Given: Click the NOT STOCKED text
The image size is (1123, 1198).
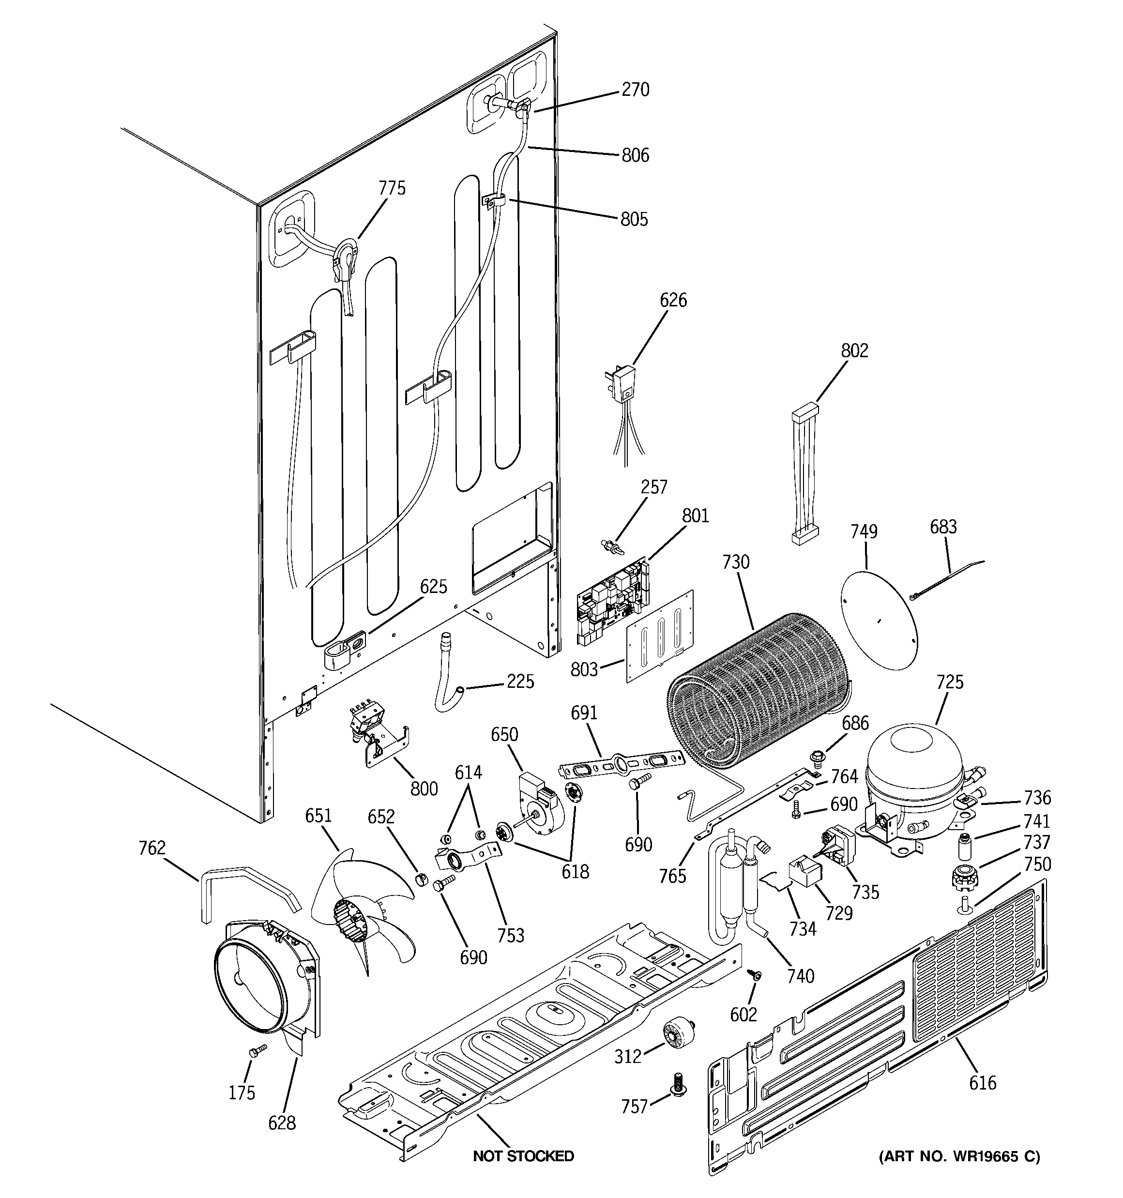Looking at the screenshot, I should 523,1156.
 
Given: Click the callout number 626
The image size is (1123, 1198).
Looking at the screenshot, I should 673,300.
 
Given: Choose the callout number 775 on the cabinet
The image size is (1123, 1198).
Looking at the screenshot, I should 392,189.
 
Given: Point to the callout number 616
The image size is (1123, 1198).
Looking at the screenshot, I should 983,1083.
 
